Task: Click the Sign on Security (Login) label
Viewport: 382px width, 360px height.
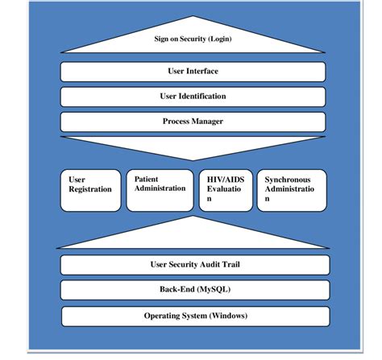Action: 195,38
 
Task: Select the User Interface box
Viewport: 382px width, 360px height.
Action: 195,72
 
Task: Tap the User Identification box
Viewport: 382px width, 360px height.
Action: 195,97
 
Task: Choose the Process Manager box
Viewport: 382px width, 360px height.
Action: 195,122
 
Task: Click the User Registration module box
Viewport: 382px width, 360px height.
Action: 89,190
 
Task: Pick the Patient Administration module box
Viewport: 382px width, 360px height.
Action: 159,190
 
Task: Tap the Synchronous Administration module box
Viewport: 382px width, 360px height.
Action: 292,190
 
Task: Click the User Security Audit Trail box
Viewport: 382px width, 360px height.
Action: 195,264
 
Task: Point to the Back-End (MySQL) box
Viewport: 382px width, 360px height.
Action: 195,289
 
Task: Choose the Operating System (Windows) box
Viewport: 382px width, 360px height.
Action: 195,315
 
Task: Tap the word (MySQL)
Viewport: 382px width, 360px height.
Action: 211,289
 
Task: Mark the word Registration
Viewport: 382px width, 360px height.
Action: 90,190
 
